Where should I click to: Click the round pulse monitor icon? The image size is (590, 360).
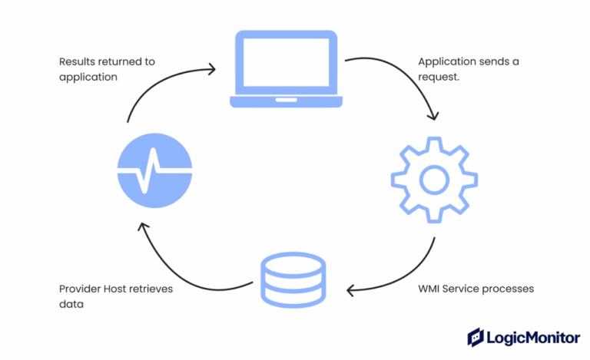pos(154,170)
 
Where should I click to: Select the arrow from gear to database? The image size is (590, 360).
pos(403,276)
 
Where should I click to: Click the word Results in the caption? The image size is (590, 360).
pos(78,62)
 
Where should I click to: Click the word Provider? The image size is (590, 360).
pos(81,289)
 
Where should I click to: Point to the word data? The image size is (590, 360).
pos(71,305)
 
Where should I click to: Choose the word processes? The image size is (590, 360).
pos(509,289)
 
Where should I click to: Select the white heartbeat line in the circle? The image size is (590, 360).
pos(154,170)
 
